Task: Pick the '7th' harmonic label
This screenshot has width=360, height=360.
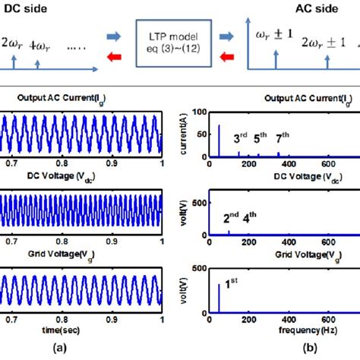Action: (283, 138)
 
